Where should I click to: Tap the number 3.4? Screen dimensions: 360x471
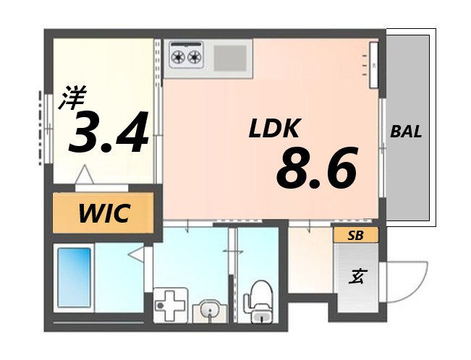109,132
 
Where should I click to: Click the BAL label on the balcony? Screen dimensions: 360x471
406,132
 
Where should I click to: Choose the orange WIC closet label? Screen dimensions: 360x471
103,213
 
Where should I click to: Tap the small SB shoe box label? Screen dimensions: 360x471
355,235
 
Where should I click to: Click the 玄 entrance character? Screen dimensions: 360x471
357,276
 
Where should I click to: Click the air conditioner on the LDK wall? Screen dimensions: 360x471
373,64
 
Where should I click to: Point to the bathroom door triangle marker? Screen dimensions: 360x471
135,254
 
